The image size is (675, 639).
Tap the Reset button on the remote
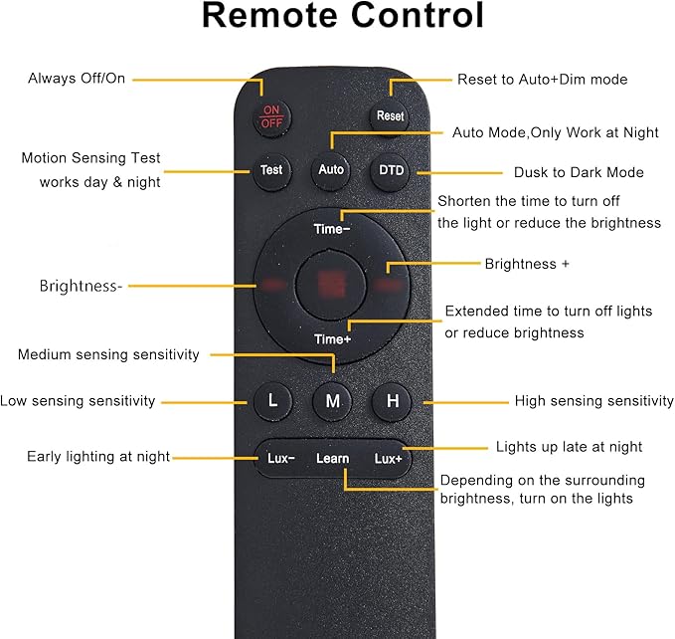click(390, 115)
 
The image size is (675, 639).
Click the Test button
click(271, 170)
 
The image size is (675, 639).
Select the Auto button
click(331, 170)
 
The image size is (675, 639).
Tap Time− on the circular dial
click(332, 229)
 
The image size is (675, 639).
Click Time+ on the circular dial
click(332, 339)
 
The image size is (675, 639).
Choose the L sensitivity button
click(272, 401)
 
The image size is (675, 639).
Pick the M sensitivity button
click(332, 401)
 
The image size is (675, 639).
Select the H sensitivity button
click(392, 401)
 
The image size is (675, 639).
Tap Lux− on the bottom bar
click(280, 458)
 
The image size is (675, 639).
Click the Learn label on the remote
click(333, 459)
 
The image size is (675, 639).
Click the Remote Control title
click(343, 15)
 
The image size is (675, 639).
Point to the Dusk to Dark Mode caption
click(579, 172)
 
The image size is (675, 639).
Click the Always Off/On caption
click(77, 79)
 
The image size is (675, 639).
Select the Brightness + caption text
click(527, 264)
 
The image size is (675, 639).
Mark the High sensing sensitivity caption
click(594, 401)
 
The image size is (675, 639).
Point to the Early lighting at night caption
click(98, 456)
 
